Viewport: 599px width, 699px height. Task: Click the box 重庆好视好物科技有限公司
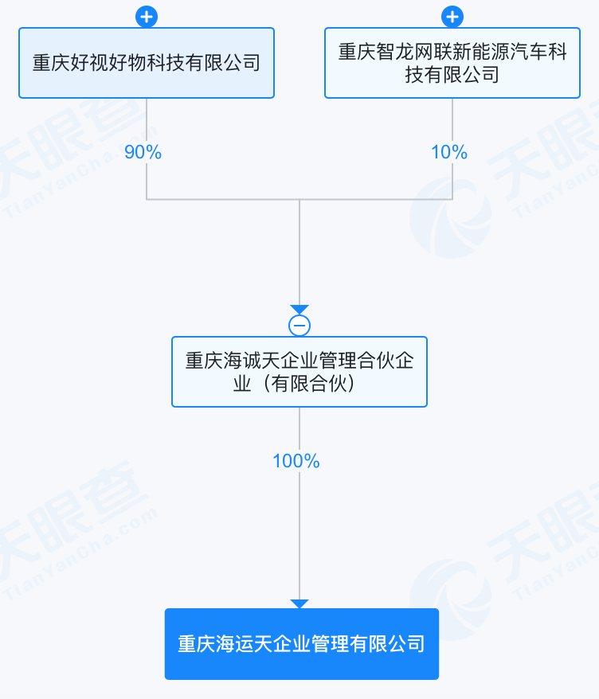tap(147, 63)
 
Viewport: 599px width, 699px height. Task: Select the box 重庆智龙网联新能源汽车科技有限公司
tap(452, 63)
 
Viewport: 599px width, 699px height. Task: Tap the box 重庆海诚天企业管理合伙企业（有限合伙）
tap(299, 372)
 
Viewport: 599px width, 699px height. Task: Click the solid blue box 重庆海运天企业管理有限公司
tap(301, 643)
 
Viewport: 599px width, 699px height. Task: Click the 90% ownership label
tap(143, 152)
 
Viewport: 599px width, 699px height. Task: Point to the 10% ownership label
tap(449, 152)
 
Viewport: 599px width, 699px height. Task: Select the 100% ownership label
tap(296, 461)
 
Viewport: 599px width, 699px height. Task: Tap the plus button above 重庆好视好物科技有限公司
tap(147, 16)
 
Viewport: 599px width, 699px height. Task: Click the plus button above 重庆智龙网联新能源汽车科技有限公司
tap(452, 16)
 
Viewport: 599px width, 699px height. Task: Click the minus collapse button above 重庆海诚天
tap(299, 325)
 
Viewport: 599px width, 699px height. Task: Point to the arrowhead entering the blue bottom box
tap(299, 604)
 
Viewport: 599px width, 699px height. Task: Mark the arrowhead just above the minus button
tap(299, 310)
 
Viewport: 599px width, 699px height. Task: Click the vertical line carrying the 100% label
tap(299, 525)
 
